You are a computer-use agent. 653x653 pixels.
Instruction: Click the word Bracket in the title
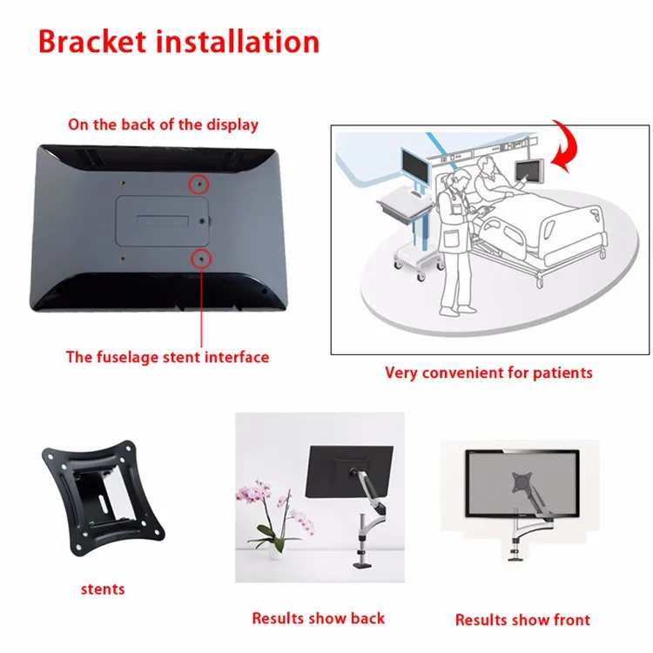(x=92, y=42)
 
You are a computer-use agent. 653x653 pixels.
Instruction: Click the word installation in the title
(x=238, y=42)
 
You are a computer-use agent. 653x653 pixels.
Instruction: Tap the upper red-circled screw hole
(x=199, y=184)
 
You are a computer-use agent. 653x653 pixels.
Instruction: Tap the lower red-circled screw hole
(x=201, y=259)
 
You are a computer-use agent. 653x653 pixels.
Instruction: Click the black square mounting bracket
(x=104, y=499)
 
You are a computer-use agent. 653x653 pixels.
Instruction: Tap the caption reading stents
(x=103, y=589)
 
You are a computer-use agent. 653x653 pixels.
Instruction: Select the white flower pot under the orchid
(x=275, y=550)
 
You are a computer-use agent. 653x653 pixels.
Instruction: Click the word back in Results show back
(x=367, y=618)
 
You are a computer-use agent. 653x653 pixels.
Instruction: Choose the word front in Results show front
(x=572, y=620)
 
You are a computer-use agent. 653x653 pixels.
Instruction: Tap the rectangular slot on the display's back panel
(x=163, y=220)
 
